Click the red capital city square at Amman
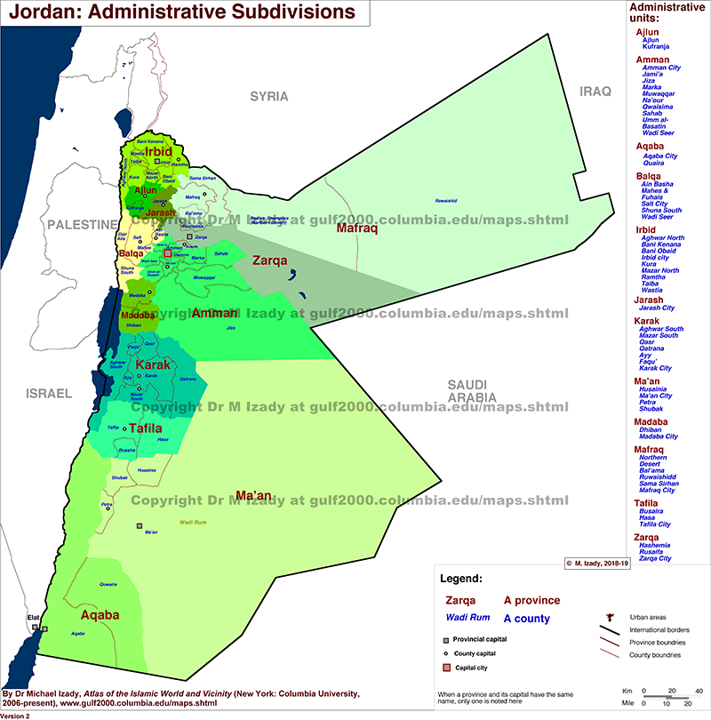pos(166,253)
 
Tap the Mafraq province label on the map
pos(357,229)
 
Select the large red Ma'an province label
pos(253,494)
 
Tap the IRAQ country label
pos(597,92)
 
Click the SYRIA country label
pos(269,96)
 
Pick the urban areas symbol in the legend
pos(609,615)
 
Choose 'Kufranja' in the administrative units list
pos(657,47)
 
